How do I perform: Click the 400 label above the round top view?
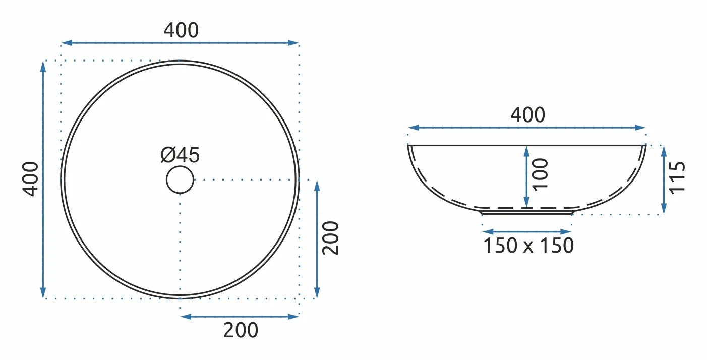click(x=181, y=30)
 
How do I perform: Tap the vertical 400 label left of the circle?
click(x=31, y=179)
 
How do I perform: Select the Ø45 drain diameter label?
click(x=180, y=155)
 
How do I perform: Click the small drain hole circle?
click(x=180, y=179)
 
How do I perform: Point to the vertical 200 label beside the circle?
click(x=330, y=238)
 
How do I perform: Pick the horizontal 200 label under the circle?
click(x=241, y=330)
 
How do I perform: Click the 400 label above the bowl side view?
click(x=527, y=114)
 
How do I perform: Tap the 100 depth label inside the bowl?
click(x=541, y=174)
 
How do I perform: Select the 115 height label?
click(x=677, y=177)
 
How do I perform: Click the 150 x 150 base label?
click(x=528, y=246)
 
